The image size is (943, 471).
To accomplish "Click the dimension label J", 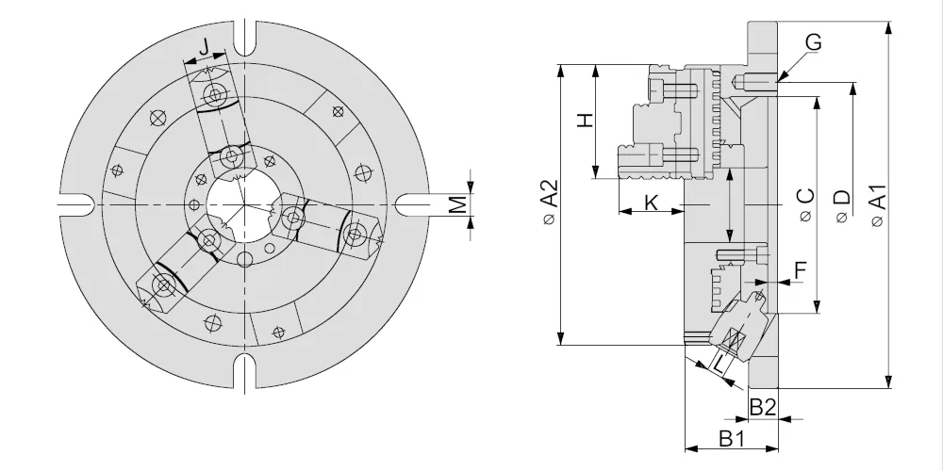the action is tap(205, 46).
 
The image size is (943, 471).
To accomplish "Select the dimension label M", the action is tap(459, 204).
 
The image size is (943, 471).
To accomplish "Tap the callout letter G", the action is tap(813, 42).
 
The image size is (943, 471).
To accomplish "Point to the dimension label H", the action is tap(586, 120).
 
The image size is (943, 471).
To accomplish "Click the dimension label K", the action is tap(652, 203).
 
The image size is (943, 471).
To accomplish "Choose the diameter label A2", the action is tap(549, 202).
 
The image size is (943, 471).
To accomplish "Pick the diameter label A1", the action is tap(878, 204).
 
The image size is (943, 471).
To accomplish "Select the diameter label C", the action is tap(806, 204).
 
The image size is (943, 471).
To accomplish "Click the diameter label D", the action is tap(842, 205).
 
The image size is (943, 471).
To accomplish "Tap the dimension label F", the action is tap(801, 271).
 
